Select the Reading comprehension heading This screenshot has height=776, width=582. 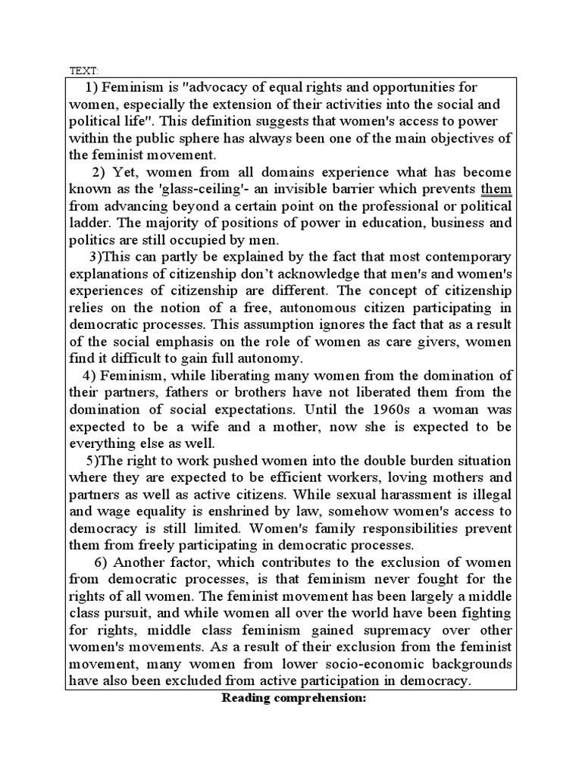(x=293, y=697)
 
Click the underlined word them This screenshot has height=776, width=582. (x=496, y=189)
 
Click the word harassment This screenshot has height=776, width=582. (x=366, y=494)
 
